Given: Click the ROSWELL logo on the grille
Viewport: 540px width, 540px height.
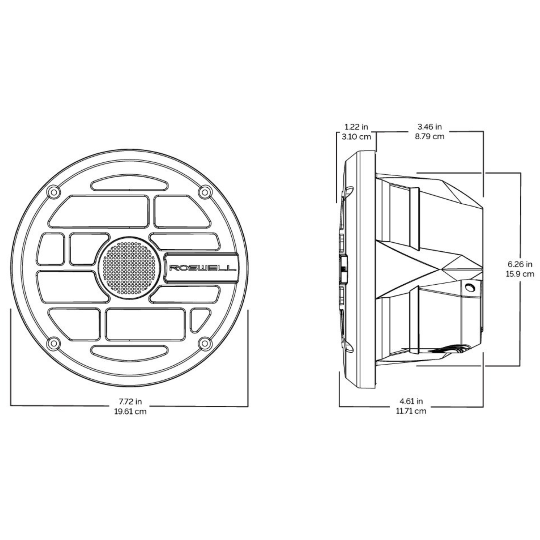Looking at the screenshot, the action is (203, 268).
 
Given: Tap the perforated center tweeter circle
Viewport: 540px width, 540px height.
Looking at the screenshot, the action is (129, 268).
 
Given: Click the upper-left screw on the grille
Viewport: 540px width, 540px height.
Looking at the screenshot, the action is (54, 192).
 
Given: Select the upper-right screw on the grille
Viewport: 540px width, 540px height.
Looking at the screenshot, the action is (205, 192).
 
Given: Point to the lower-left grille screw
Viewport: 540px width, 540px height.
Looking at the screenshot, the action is (54, 343).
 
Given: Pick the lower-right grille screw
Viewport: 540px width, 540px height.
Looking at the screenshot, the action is (205, 343).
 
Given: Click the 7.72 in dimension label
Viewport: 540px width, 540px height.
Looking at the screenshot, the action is (130, 402).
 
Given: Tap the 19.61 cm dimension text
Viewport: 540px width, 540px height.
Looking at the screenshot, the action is (130, 412).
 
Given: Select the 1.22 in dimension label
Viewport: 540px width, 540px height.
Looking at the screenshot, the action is (356, 127).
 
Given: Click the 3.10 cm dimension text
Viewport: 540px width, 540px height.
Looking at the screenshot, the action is (356, 137).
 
